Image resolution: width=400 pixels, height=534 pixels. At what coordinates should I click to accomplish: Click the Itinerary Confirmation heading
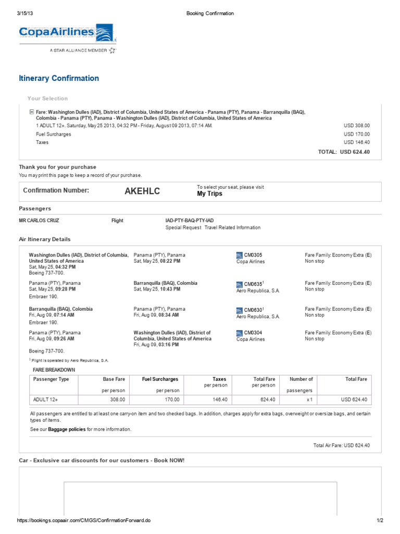coord(59,78)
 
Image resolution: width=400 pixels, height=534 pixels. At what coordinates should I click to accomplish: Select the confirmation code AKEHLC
coord(142,191)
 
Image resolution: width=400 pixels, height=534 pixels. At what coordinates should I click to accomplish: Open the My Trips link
coord(209,193)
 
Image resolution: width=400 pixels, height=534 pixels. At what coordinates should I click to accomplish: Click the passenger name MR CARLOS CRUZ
coord(39,221)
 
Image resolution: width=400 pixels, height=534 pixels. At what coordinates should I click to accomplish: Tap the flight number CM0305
coord(253,255)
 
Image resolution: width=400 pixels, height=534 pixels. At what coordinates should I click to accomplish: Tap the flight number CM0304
coord(253,333)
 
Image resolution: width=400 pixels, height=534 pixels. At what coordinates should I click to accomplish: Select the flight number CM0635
coord(253,284)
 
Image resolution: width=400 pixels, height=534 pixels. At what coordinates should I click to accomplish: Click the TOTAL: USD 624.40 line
coord(344,152)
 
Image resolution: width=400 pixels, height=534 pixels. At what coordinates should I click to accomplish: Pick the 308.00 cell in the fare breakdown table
coord(118,399)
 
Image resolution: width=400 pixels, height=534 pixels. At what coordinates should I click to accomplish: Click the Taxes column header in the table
coord(219,379)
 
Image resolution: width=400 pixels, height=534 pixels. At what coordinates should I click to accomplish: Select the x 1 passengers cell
coord(309,399)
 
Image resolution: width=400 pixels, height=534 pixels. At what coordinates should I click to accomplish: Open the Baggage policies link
coord(66,429)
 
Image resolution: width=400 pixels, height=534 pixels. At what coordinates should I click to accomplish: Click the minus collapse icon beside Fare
coord(32,112)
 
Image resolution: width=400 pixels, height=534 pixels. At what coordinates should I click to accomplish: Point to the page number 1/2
coord(380,520)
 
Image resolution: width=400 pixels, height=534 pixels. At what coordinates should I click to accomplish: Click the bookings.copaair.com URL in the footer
coord(84,520)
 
